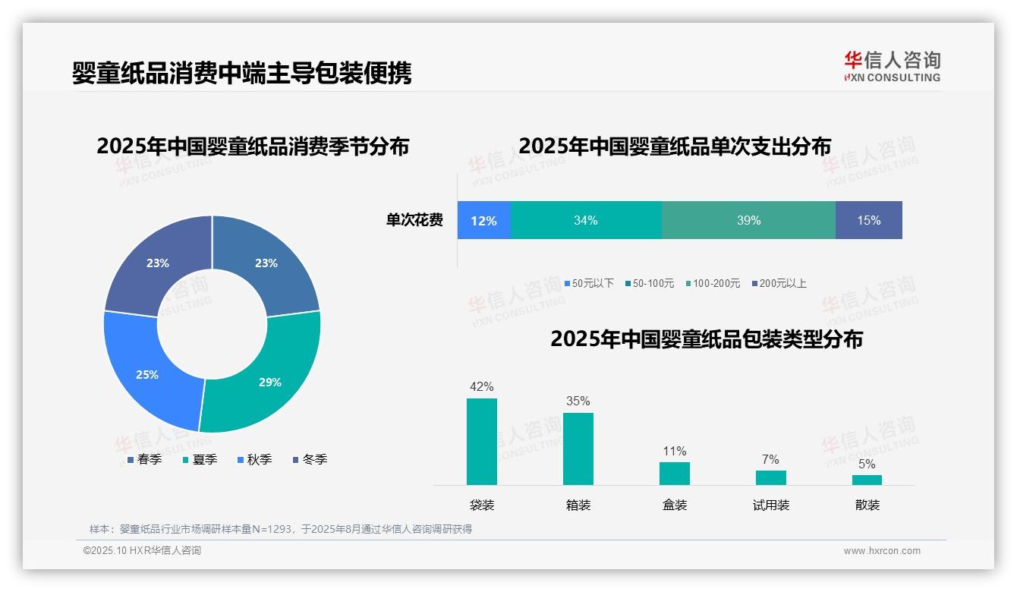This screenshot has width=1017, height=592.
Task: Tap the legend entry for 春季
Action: coord(145,459)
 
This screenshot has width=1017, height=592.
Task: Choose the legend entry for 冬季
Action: coord(310,459)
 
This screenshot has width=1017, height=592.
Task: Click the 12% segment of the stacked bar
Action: coord(483,220)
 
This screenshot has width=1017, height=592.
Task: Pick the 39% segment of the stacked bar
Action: coord(748,220)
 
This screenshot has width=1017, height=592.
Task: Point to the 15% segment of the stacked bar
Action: coord(868,220)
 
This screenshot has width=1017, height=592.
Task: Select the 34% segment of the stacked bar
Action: coord(585,220)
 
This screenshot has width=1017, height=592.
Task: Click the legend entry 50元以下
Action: coord(589,283)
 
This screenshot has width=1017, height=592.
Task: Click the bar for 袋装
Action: coord(482,441)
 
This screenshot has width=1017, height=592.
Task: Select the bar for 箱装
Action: coord(578,449)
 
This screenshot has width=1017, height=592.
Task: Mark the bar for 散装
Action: coord(867,480)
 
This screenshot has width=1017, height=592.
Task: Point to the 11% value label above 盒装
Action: coord(674,452)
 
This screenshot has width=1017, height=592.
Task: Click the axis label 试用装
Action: coord(770,505)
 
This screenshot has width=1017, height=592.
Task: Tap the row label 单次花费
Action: coord(414,220)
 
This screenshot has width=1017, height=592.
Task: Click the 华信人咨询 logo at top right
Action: coord(892,66)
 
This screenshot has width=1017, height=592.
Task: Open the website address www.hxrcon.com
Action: coord(882,551)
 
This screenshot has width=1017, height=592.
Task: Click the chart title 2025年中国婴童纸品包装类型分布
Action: coord(707,339)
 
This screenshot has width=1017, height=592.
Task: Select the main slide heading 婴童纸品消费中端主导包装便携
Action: coord(241,73)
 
